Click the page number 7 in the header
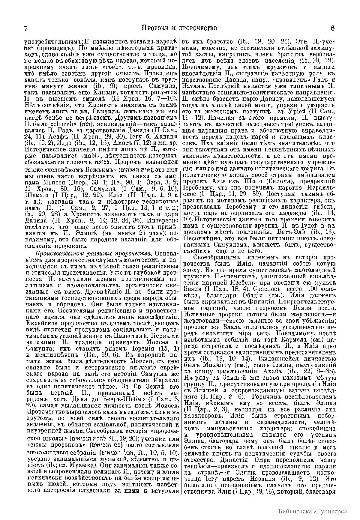point(26,28)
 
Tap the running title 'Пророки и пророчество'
point(179,28)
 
